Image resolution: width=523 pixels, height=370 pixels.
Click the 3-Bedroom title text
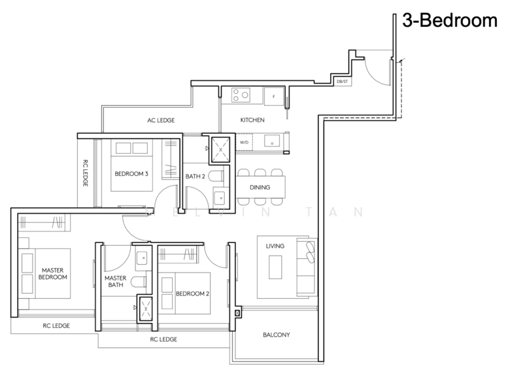[x=450, y=22]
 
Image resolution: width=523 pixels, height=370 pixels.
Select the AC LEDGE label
[x=158, y=120]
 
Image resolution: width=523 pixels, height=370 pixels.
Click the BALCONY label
[x=276, y=335]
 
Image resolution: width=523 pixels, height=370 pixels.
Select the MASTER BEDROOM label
[x=51, y=273]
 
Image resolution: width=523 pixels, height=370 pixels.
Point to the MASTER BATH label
[x=114, y=282]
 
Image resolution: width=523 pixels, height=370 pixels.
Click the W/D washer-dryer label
[x=244, y=141]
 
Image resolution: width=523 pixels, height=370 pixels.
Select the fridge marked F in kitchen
[x=273, y=97]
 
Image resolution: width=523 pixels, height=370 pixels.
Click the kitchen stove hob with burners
[x=239, y=96]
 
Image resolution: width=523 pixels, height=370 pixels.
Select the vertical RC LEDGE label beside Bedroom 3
[x=85, y=174]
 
